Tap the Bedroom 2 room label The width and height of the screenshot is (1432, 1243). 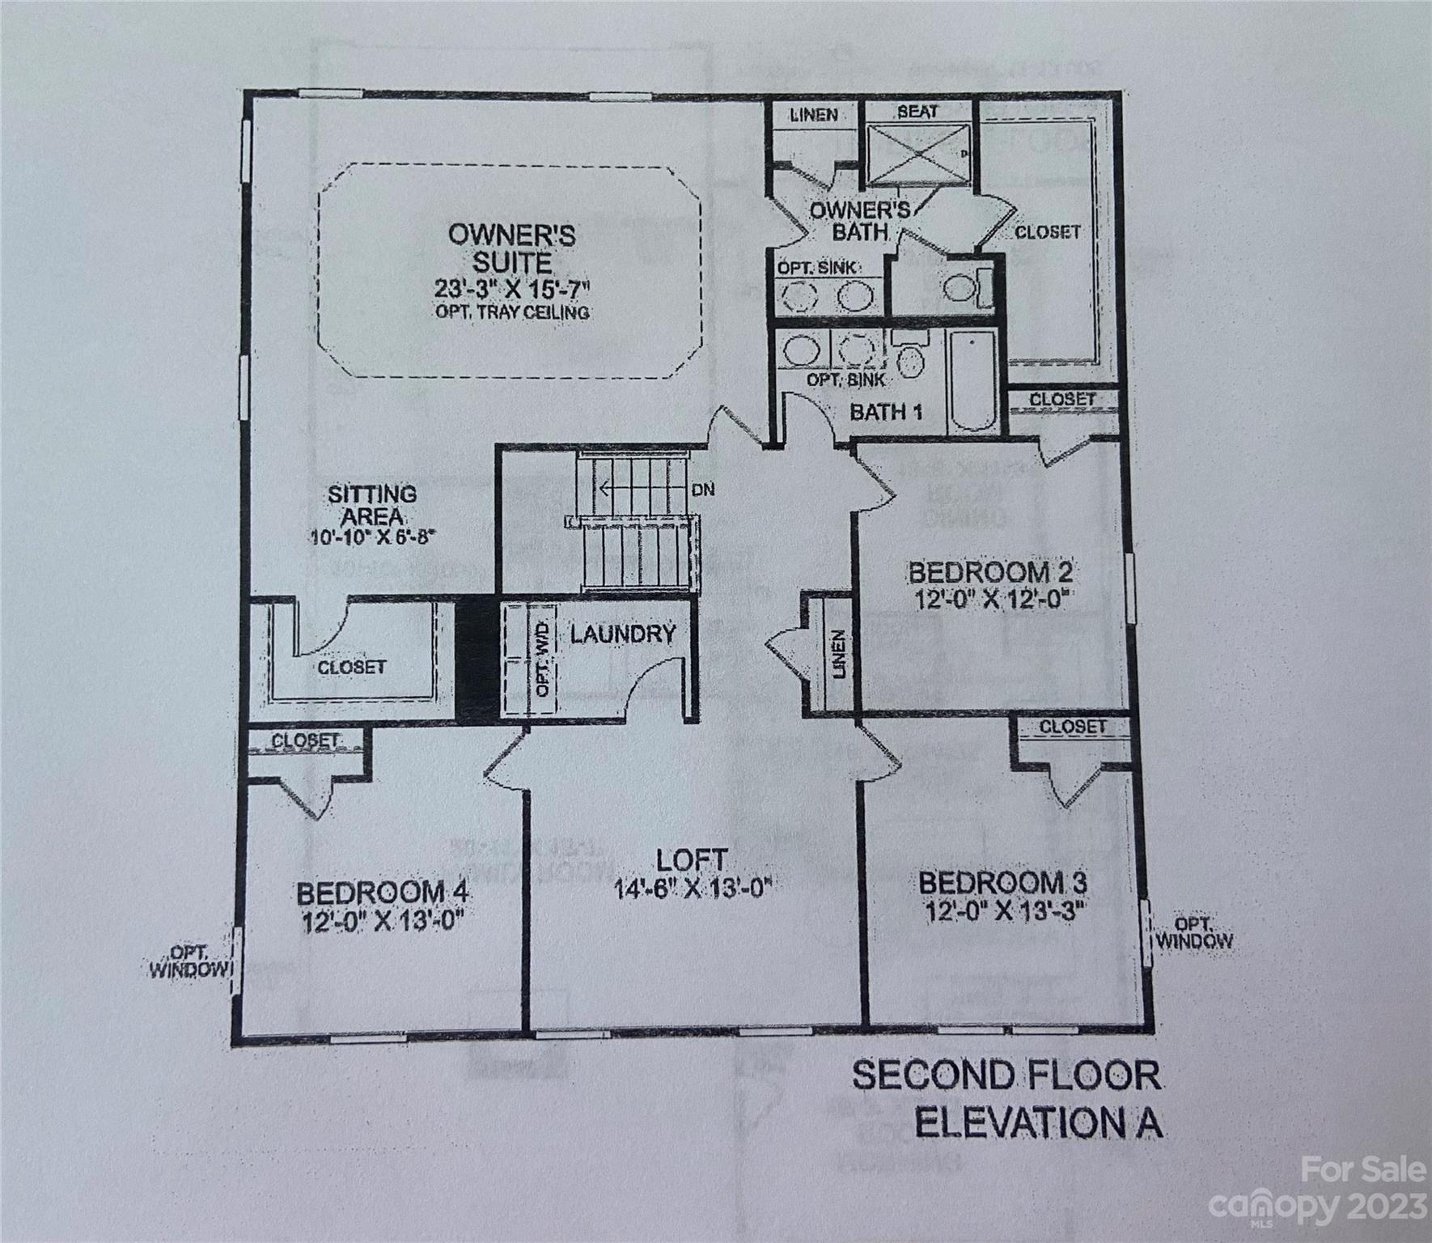[991, 573]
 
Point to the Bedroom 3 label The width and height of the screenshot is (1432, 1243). [1002, 881]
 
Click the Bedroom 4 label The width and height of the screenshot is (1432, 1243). [383, 893]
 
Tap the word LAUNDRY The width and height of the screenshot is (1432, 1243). [622, 634]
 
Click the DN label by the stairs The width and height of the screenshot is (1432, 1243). [703, 490]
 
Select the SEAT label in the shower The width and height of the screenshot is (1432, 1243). [917, 112]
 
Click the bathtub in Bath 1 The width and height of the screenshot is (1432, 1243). [973, 380]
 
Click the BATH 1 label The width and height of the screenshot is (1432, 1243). [886, 412]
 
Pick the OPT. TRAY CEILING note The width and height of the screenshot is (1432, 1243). [512, 312]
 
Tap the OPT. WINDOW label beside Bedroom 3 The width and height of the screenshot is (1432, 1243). [1193, 932]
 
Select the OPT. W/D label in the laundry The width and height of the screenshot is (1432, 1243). [542, 659]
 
